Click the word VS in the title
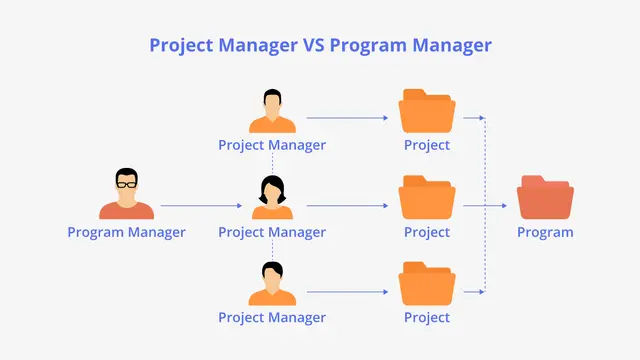(x=313, y=45)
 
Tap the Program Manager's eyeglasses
(x=127, y=184)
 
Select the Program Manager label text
(x=127, y=233)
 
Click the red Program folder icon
(x=545, y=197)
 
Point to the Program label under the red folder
(x=545, y=233)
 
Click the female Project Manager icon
(x=272, y=197)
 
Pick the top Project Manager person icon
(x=272, y=111)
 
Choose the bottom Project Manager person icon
(x=272, y=284)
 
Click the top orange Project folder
(x=427, y=111)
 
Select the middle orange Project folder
(x=427, y=197)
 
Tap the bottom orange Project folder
(x=427, y=284)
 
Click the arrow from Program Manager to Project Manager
(x=201, y=206)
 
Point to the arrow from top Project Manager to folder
(x=347, y=118)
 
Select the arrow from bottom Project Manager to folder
(x=347, y=292)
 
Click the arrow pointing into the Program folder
(x=485, y=206)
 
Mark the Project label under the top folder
(x=427, y=145)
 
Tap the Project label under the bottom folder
(x=427, y=318)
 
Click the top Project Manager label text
(x=272, y=145)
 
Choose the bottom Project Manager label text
(x=272, y=318)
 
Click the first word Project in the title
(x=182, y=46)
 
